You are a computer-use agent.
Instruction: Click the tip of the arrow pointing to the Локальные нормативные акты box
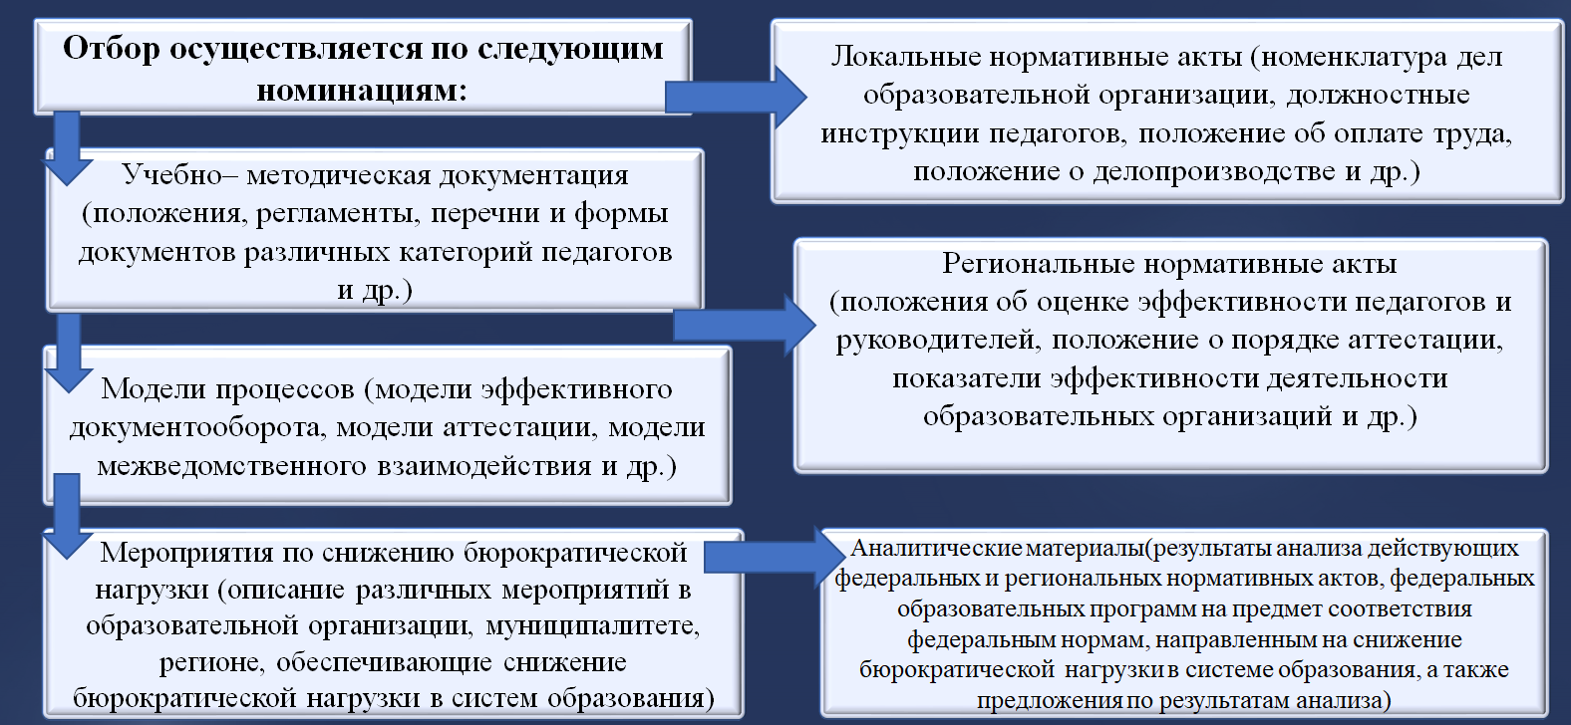click(807, 97)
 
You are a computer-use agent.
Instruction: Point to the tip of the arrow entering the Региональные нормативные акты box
click(816, 325)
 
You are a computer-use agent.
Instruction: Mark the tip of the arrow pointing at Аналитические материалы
click(846, 558)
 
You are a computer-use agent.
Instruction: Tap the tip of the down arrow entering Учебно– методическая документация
click(68, 185)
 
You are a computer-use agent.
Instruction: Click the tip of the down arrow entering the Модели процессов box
click(68, 393)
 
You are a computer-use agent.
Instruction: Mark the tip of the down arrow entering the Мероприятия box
click(68, 559)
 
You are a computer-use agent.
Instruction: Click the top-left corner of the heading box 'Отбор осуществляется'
click(35, 20)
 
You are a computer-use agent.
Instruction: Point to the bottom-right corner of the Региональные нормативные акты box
click(1546, 471)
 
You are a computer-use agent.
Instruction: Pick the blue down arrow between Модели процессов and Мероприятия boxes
click(68, 516)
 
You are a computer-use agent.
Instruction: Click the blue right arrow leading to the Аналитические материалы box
click(775, 558)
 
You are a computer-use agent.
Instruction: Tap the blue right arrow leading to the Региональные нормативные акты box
click(745, 325)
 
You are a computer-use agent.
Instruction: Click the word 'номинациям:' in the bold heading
click(362, 91)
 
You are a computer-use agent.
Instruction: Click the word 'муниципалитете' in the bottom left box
click(593, 625)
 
